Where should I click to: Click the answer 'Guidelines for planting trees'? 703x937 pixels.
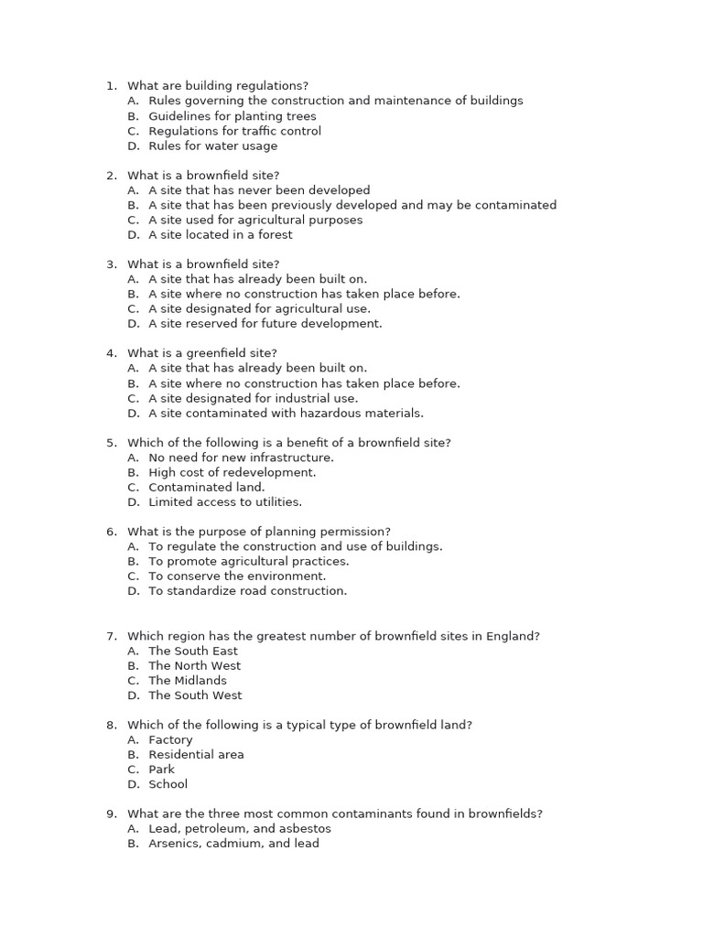(x=233, y=116)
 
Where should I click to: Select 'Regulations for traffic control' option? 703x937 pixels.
(x=234, y=131)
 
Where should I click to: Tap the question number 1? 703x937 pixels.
(x=111, y=86)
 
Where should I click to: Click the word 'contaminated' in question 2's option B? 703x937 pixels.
(x=518, y=205)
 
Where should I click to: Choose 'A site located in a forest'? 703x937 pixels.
(x=221, y=234)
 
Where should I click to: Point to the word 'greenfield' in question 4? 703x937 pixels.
(x=212, y=353)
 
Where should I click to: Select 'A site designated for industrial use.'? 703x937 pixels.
(x=254, y=398)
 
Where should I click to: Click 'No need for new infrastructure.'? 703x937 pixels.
(x=241, y=458)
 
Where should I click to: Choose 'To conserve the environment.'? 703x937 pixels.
(x=237, y=576)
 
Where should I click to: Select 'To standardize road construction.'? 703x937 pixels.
(x=248, y=590)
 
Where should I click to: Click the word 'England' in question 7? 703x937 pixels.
(x=514, y=636)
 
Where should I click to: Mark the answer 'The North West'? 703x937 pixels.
(x=195, y=665)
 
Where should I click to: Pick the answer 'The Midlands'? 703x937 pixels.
(x=188, y=680)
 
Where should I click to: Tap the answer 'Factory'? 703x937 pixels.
(x=171, y=739)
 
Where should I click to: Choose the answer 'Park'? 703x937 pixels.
(x=162, y=769)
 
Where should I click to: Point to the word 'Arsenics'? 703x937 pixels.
(x=175, y=843)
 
